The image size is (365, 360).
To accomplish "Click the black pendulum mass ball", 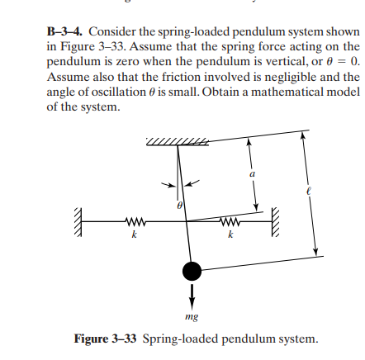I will tap(192, 270).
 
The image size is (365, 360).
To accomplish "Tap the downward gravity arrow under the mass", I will tap(192, 292).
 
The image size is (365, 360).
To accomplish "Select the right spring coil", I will tap(231, 220).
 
